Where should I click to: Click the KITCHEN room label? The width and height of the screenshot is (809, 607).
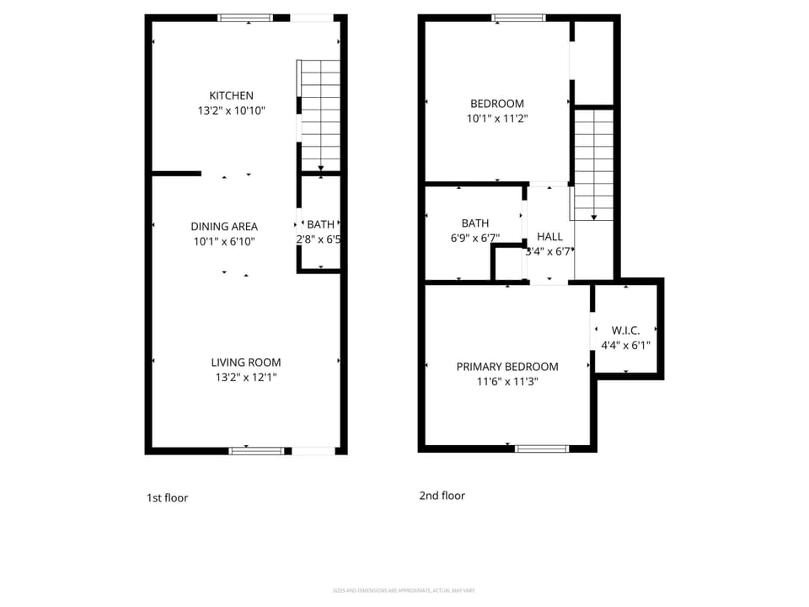(x=231, y=96)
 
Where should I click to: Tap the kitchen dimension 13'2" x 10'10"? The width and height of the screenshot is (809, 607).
(x=231, y=110)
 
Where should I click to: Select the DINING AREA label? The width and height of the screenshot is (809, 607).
(x=224, y=226)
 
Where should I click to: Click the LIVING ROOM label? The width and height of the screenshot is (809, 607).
(x=245, y=363)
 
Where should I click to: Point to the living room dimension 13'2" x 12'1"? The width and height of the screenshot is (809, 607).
(x=245, y=378)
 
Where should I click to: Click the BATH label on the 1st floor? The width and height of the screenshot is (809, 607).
(x=320, y=224)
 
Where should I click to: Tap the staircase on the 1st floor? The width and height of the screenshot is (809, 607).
(x=320, y=115)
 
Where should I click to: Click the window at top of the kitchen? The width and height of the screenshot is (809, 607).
(x=245, y=18)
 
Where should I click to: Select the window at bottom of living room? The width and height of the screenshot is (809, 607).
(x=256, y=450)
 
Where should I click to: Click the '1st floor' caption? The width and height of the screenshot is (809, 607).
(x=167, y=498)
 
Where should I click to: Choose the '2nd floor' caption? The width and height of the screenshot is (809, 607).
(x=442, y=496)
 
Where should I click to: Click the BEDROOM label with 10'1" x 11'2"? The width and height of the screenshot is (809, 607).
(x=496, y=104)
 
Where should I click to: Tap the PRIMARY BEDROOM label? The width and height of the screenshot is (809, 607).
(x=507, y=367)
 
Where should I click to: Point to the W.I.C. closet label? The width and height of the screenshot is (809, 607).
(x=625, y=330)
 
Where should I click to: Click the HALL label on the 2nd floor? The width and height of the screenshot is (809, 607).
(x=549, y=237)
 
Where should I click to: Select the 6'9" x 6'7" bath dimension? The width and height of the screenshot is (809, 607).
(x=474, y=238)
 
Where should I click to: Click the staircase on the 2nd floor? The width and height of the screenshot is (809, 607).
(x=594, y=164)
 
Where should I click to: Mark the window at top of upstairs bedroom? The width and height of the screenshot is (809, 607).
(x=518, y=18)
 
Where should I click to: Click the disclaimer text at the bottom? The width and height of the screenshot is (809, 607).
(x=404, y=590)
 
